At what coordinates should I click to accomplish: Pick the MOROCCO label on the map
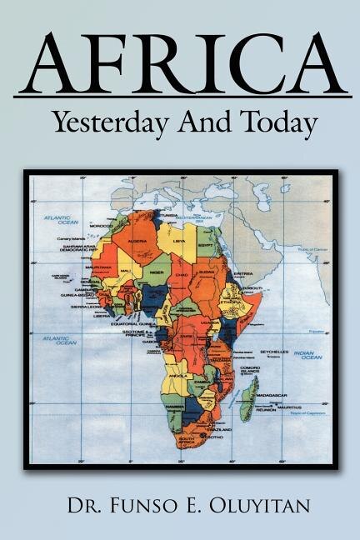[x=102, y=225]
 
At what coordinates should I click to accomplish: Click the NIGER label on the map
[x=156, y=271]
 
